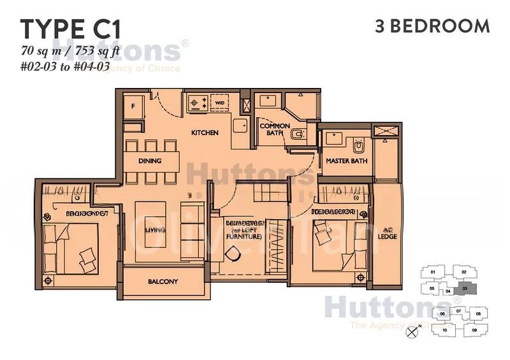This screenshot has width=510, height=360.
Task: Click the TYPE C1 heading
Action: click(70, 29)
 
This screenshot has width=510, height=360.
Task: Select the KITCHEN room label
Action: click(205, 133)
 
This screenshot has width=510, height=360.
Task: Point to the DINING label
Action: click(150, 161)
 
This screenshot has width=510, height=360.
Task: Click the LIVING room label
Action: click(152, 230)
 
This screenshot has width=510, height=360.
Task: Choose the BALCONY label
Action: click(163, 282)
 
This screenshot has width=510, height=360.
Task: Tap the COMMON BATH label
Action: click(275, 130)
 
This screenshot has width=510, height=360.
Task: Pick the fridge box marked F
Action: click(135, 106)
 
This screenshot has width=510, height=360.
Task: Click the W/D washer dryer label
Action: click(219, 101)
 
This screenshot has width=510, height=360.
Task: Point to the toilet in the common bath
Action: click(297, 134)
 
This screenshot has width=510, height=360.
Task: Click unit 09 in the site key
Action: click(474, 330)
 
